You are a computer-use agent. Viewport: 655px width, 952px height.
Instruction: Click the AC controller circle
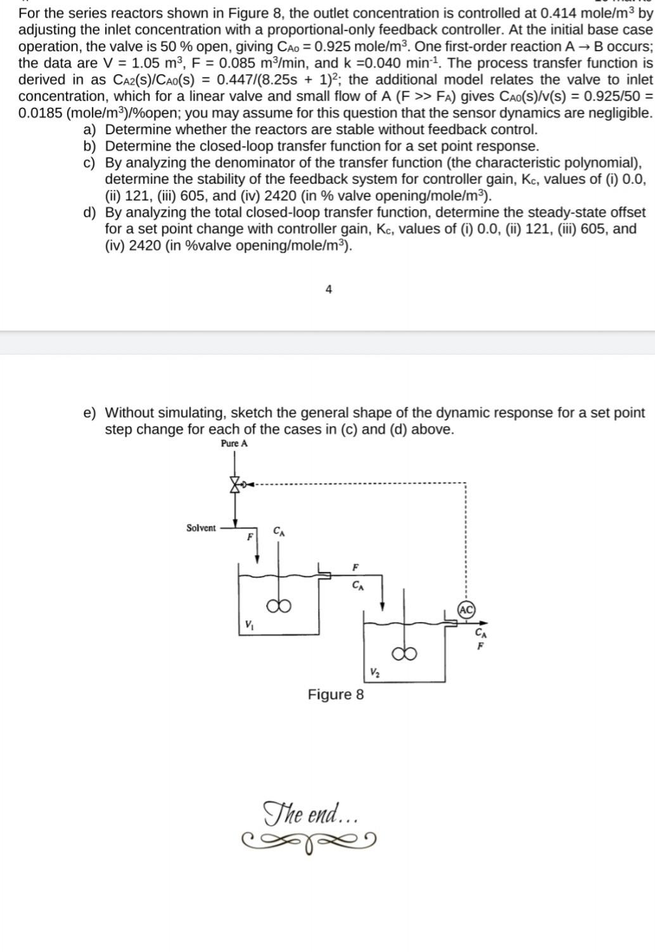click(466, 609)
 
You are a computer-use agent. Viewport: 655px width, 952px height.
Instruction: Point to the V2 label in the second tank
click(374, 672)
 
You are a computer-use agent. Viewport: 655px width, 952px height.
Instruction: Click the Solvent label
click(201, 528)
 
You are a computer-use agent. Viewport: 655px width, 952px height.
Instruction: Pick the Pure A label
click(234, 443)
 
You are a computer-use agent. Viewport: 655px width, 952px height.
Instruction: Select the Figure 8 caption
click(336, 694)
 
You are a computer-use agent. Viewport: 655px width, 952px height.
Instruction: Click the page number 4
click(328, 289)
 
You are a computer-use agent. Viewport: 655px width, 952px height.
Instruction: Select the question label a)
click(89, 130)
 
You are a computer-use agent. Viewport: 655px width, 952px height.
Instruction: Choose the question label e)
click(90, 413)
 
